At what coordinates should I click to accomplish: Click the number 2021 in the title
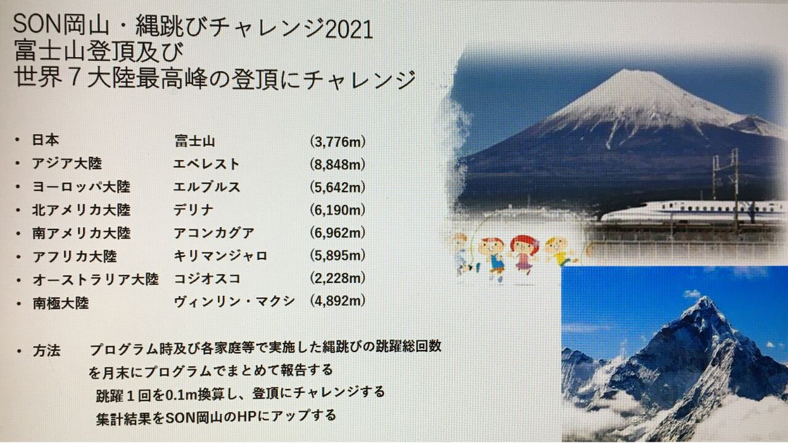349,30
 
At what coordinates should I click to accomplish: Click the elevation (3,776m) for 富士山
338,142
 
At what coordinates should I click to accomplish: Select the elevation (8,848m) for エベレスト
338,164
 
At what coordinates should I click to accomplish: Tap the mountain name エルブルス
206,186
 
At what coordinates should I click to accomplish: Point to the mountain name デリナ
193,210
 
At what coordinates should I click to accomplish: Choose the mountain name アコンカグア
214,233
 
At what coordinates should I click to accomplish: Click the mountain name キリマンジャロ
220,255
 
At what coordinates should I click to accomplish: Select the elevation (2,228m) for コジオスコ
338,278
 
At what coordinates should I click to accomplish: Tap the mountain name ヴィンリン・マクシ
235,301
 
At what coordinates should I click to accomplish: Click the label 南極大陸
60,303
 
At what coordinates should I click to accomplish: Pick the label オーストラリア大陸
95,280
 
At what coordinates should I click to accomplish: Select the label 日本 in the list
46,140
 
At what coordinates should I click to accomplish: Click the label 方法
46,351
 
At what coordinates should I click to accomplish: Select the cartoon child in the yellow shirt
560,252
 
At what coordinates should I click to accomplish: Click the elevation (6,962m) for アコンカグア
338,233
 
